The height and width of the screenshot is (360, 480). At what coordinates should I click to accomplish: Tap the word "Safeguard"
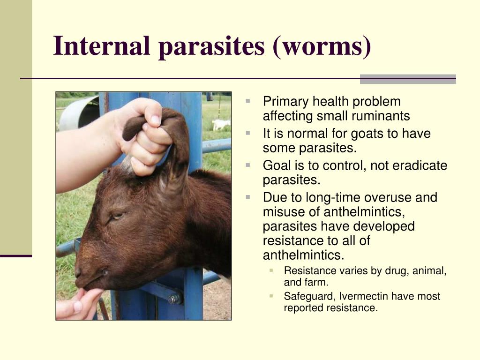(x=310, y=297)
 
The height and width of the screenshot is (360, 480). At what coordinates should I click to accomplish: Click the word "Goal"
(x=277, y=165)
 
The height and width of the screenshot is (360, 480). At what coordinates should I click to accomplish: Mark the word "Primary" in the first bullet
(x=285, y=102)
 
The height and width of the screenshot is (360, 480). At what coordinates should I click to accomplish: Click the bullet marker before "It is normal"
(x=248, y=133)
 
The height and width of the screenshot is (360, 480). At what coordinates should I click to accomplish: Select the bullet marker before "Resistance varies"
(x=271, y=270)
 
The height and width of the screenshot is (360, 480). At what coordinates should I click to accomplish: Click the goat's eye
(x=117, y=216)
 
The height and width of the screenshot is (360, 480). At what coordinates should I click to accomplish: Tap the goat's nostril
(x=78, y=271)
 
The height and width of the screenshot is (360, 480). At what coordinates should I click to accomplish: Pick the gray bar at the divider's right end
(x=408, y=79)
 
